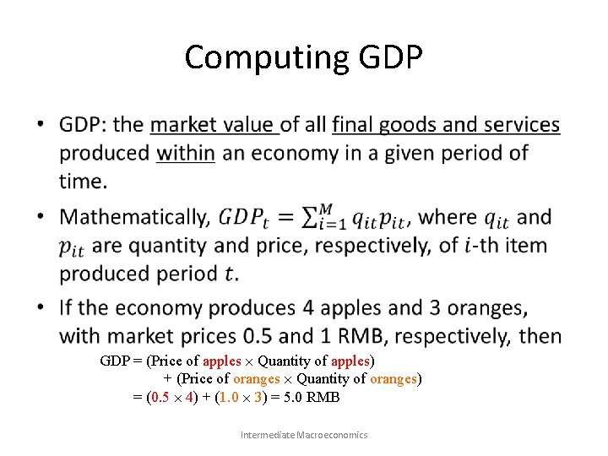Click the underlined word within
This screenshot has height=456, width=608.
186,153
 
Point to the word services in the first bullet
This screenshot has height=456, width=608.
516,125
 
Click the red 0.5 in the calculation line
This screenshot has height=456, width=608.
160,397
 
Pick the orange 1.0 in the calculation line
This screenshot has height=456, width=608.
228,397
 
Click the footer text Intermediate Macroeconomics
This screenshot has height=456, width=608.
304,435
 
